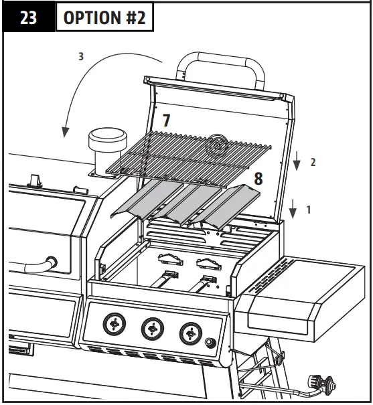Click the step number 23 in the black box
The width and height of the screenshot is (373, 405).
click(27, 18)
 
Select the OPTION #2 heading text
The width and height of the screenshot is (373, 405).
click(104, 18)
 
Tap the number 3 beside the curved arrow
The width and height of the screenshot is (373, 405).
click(81, 57)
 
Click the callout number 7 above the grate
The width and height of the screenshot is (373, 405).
click(167, 120)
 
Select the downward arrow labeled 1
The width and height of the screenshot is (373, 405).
click(293, 209)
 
